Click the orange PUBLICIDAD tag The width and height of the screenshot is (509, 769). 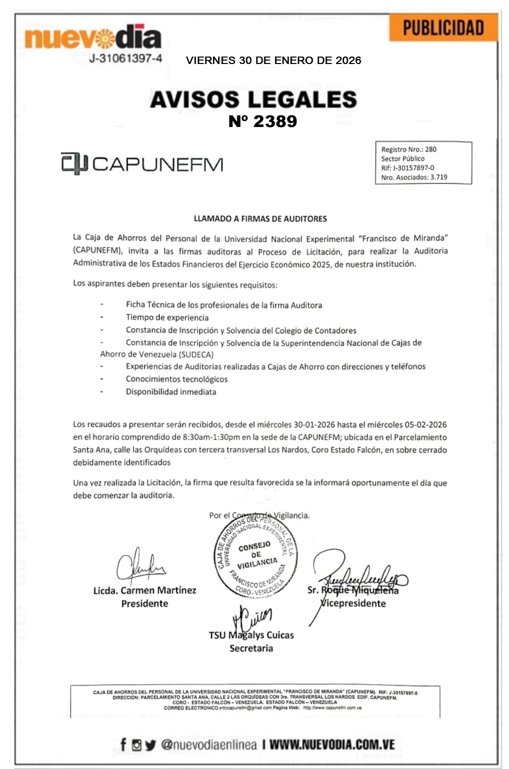pos(443,28)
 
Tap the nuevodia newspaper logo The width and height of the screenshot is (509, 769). pos(93,37)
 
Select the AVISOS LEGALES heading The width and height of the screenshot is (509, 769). pos(253,99)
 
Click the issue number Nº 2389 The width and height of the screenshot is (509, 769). pos(263,121)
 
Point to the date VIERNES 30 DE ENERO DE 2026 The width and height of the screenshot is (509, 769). pos(273,61)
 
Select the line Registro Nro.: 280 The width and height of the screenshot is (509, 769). pos(409,149)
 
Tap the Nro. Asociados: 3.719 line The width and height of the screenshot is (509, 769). pos(414,177)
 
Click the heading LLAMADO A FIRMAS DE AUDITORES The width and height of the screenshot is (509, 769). pos(260,218)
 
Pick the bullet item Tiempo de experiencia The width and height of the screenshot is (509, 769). pos(167,318)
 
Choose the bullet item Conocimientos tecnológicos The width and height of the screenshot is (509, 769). pos(176,379)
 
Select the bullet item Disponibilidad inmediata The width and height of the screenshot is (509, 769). pos(170,391)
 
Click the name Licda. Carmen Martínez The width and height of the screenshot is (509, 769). pos(145,590)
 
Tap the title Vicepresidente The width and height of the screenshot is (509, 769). pos(353,603)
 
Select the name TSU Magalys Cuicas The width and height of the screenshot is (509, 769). pos(251,635)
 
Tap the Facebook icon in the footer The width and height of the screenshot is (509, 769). pos(123,744)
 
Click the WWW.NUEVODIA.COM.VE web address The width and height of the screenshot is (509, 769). pos(332,744)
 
